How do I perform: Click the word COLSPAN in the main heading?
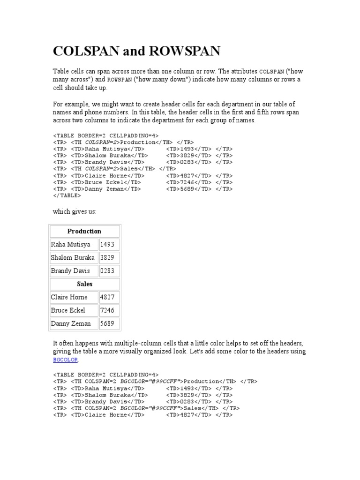point(86,51)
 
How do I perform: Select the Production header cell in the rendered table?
point(84,231)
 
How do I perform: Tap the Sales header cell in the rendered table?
point(84,284)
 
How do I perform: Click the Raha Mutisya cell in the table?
point(74,244)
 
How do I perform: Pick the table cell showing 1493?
point(109,244)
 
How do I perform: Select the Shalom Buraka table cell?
point(74,257)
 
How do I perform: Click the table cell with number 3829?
point(109,257)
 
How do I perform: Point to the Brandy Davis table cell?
point(74,270)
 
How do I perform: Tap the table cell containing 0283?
point(109,270)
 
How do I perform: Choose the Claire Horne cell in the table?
point(74,297)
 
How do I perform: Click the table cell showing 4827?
point(109,297)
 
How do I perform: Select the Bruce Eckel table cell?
point(74,310)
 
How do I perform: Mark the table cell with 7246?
point(109,310)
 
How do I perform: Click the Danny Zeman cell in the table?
point(74,323)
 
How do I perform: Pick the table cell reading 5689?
point(109,323)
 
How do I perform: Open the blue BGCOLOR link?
point(65,360)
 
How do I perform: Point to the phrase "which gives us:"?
point(75,212)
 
